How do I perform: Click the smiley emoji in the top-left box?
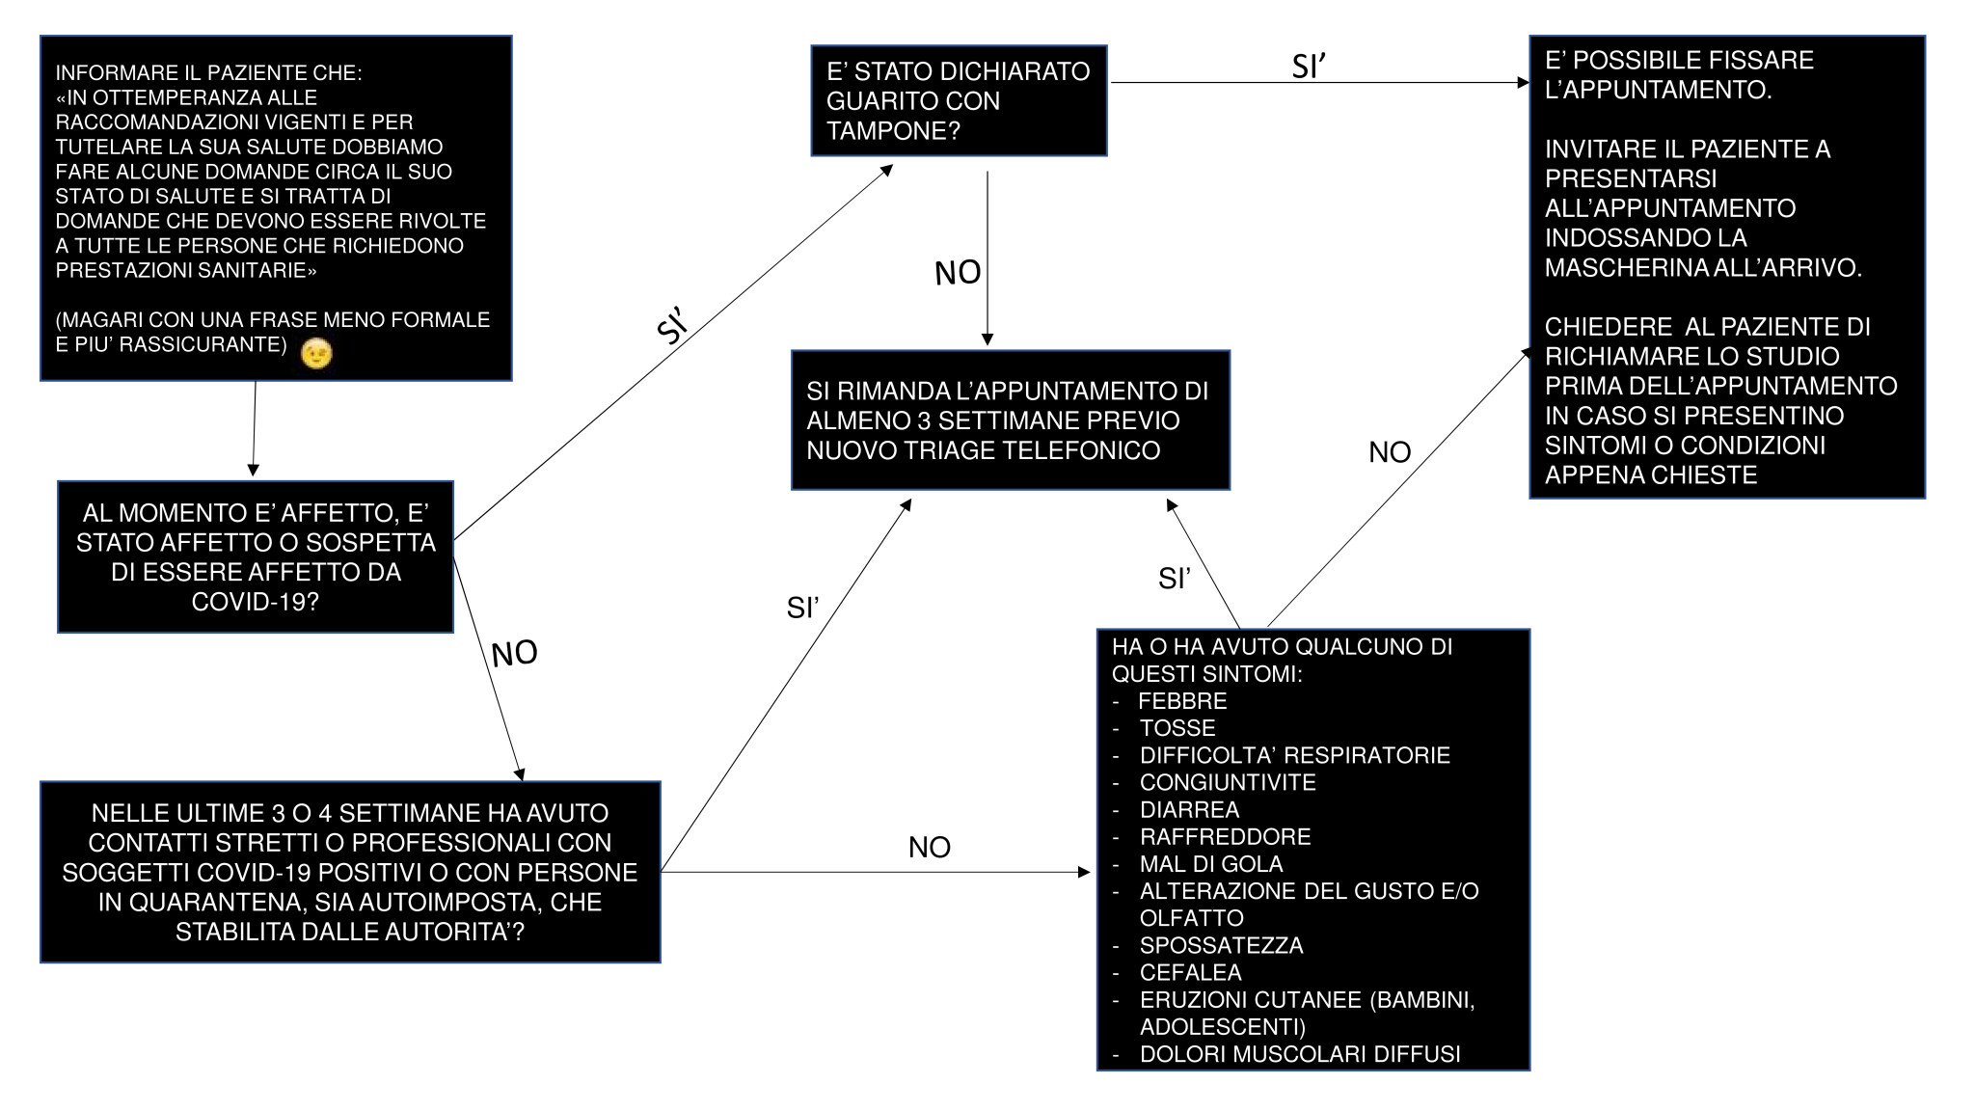[316, 354]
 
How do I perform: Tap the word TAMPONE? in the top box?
[893, 131]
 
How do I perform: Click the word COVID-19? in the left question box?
[255, 602]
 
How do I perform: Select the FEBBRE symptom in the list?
[1182, 701]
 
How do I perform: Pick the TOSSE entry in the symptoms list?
[1177, 728]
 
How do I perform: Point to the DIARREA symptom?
[1189, 809]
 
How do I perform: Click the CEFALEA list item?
[1190, 972]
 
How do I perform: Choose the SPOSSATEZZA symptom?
[1221, 945]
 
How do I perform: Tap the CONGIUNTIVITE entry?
[1228, 782]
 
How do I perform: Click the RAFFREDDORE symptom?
[1225, 836]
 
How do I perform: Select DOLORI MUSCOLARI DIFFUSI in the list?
[1300, 1054]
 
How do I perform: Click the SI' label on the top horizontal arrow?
[1309, 66]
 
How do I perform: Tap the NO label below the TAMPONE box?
[958, 273]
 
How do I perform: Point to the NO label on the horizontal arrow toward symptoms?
[930, 847]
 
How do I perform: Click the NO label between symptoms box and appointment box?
[1390, 451]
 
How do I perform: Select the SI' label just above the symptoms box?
[1175, 578]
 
